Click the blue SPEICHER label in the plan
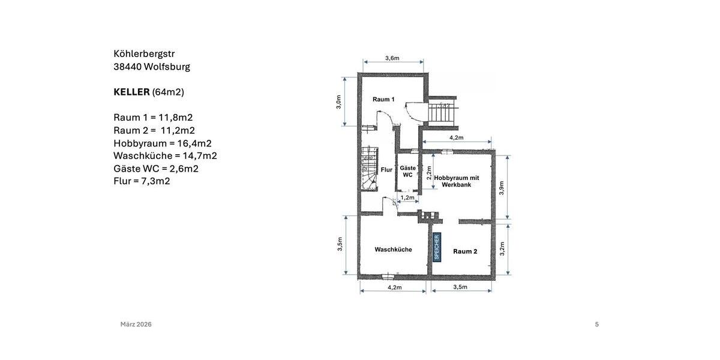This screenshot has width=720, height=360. [437, 247]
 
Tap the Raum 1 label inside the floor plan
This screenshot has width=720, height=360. [383, 99]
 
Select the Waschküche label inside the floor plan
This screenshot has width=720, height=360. [393, 250]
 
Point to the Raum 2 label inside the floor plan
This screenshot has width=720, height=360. [465, 251]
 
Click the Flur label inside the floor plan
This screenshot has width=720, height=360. [386, 170]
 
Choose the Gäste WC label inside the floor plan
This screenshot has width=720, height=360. [408, 172]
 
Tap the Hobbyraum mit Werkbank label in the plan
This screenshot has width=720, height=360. [457, 181]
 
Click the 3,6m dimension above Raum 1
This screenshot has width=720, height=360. [392, 58]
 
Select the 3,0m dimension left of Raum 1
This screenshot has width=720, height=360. [338, 101]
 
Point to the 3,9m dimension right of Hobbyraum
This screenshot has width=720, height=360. [502, 188]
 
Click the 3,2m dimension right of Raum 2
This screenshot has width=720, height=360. [502, 248]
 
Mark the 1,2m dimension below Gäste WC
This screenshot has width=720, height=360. [407, 197]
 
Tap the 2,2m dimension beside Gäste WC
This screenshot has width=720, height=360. [428, 173]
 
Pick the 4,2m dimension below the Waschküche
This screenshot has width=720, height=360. [394, 287]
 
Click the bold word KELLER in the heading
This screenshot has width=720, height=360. [131, 92]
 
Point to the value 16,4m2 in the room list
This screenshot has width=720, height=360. [194, 143]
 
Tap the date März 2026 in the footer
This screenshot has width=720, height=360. [136, 325]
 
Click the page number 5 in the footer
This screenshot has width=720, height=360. [596, 325]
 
